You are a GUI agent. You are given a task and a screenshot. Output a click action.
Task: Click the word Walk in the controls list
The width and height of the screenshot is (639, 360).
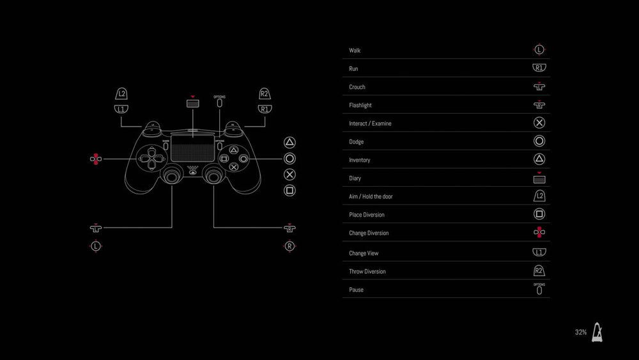(355, 51)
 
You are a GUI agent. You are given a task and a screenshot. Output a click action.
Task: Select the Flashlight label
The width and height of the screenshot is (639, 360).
(360, 106)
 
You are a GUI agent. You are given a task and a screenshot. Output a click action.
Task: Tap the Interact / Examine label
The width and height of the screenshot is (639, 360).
(370, 123)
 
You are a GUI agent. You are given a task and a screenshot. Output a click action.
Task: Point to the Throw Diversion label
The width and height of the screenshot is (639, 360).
(367, 272)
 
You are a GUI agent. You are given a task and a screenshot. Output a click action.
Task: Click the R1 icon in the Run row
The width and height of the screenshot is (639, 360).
(539, 68)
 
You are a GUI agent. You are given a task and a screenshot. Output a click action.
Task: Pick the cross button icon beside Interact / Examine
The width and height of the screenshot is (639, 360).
(539, 123)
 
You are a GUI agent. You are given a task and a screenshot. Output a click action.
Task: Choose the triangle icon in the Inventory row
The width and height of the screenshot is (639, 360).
(539, 159)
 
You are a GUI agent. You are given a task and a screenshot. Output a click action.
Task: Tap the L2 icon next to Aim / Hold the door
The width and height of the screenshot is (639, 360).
(539, 196)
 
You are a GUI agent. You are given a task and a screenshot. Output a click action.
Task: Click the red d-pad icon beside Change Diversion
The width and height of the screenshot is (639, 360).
(539, 232)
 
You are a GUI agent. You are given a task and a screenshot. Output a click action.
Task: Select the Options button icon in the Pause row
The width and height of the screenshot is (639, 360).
(539, 290)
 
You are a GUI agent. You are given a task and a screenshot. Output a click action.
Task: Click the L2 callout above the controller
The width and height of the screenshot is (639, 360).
(121, 94)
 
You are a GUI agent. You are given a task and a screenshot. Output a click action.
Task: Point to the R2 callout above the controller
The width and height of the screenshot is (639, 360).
(265, 94)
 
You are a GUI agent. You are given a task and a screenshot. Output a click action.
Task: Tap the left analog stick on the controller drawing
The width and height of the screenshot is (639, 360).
(171, 176)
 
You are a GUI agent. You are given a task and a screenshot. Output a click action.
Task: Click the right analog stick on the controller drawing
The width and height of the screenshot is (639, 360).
(213, 176)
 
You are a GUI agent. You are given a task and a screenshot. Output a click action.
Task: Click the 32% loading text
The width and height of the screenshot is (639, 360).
(581, 333)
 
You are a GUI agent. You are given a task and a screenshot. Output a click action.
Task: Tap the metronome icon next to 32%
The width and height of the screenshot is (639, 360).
(597, 333)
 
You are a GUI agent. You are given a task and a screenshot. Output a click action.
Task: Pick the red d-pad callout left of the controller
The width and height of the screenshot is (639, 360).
(96, 159)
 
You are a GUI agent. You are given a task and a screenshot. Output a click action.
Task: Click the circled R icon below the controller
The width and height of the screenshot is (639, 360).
(289, 246)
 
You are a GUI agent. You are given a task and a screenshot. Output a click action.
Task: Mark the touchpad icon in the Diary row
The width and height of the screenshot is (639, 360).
(539, 179)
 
